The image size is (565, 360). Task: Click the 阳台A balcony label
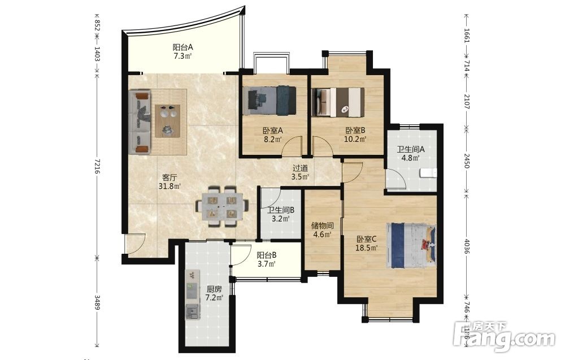tap(182, 51)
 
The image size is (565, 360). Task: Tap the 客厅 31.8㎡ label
tap(169, 182)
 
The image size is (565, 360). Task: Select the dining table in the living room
tap(221, 206)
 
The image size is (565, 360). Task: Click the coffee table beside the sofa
tap(167, 121)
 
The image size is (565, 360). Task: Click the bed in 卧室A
tap(269, 101)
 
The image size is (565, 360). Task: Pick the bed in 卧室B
tap(338, 102)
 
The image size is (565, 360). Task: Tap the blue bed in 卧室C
tap(411, 245)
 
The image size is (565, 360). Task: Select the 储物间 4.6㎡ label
tap(323, 230)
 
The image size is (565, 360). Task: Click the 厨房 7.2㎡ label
tap(214, 293)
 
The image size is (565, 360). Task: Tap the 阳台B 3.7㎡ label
tap(266, 259)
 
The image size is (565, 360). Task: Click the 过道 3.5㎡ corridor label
tap(300, 172)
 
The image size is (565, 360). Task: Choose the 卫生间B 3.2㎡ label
tap(281, 214)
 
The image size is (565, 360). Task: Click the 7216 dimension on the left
tap(97, 166)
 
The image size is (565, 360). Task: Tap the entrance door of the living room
tap(135, 243)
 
